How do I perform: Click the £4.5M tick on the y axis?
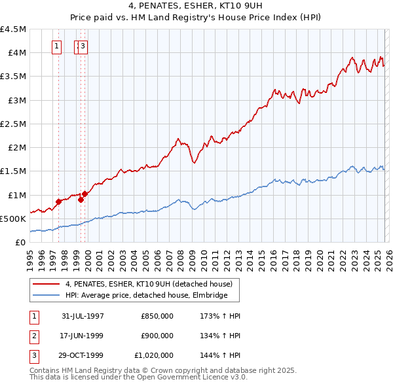coord(14,29)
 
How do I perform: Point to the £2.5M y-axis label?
coord(14,124)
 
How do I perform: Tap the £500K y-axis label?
coord(14,219)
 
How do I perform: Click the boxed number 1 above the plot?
coord(57,46)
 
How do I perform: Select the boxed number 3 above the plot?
coord(84,46)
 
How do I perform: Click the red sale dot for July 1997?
coord(59,202)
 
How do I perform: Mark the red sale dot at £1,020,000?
coord(85,194)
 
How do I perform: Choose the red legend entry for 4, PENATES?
coord(149,284)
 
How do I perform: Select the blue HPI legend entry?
coord(146,296)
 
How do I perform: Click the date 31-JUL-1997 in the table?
coord(83,315)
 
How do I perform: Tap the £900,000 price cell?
coord(157,336)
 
